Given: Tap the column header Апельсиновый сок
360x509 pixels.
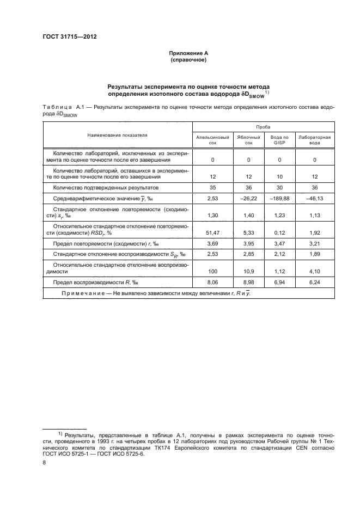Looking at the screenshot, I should (x=212, y=139).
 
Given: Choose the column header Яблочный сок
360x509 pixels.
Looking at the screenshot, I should (x=248, y=139).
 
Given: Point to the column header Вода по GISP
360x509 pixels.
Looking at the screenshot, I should (x=279, y=139).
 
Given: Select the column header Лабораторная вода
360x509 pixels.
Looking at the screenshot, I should (x=315, y=139).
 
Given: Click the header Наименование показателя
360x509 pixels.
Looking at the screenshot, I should (x=116, y=133).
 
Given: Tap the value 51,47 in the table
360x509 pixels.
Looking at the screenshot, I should (x=212, y=233).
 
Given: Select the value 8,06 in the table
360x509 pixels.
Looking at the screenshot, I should (x=212, y=283).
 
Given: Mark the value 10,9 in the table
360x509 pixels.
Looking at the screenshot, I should (x=248, y=271).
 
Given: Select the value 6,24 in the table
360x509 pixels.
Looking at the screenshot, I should (x=315, y=283).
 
